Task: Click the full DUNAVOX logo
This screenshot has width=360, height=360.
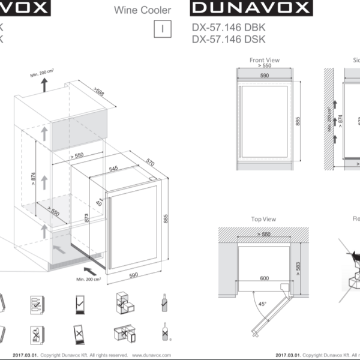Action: pos(250,9)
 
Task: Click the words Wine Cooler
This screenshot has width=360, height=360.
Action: pos(142,10)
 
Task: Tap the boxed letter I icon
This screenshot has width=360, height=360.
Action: pos(163,28)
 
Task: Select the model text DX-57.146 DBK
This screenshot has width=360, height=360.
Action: pos(228,28)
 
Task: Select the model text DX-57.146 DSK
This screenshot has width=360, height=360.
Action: pos(228,40)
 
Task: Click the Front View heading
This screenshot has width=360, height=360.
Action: pos(264,60)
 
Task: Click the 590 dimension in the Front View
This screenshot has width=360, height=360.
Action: pos(264,76)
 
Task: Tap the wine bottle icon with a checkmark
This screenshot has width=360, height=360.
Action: pos(163,303)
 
